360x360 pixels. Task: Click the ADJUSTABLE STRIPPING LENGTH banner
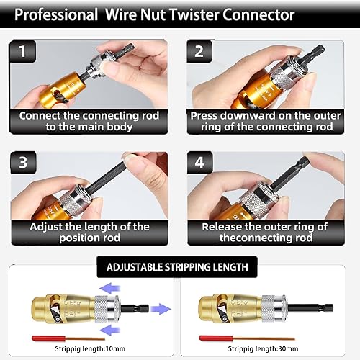(x=177, y=266)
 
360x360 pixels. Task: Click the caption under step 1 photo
(x=84, y=121)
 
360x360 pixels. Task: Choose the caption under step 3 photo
(x=84, y=233)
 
